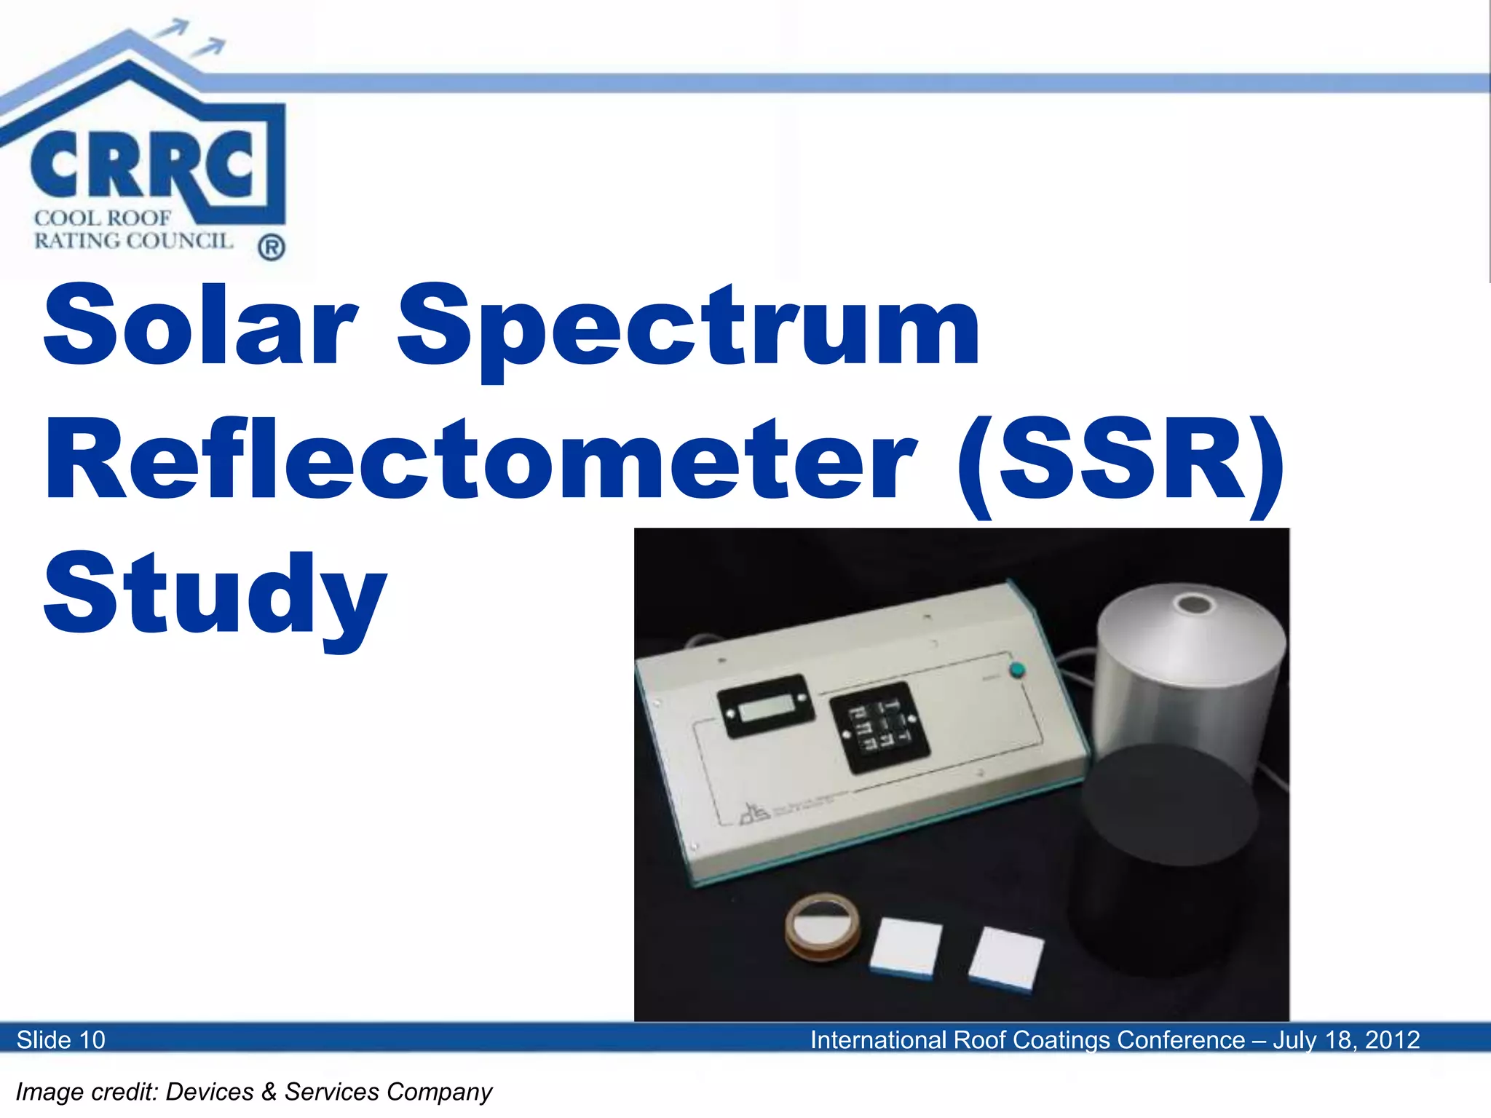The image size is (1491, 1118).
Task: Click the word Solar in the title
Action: [x=201, y=325]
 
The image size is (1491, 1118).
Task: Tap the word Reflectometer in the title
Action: [x=480, y=460]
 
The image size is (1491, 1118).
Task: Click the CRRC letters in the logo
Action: [x=142, y=166]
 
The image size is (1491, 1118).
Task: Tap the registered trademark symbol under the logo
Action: [x=271, y=248]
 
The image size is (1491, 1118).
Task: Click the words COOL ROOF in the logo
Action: [x=103, y=218]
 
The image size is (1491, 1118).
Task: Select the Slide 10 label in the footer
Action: [x=61, y=1039]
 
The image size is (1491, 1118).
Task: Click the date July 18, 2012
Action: [x=1346, y=1039]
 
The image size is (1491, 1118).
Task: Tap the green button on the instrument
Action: [x=1016, y=670]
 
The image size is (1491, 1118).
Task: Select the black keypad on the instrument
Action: [x=879, y=727]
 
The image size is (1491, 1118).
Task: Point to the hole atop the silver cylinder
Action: [x=1195, y=604]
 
